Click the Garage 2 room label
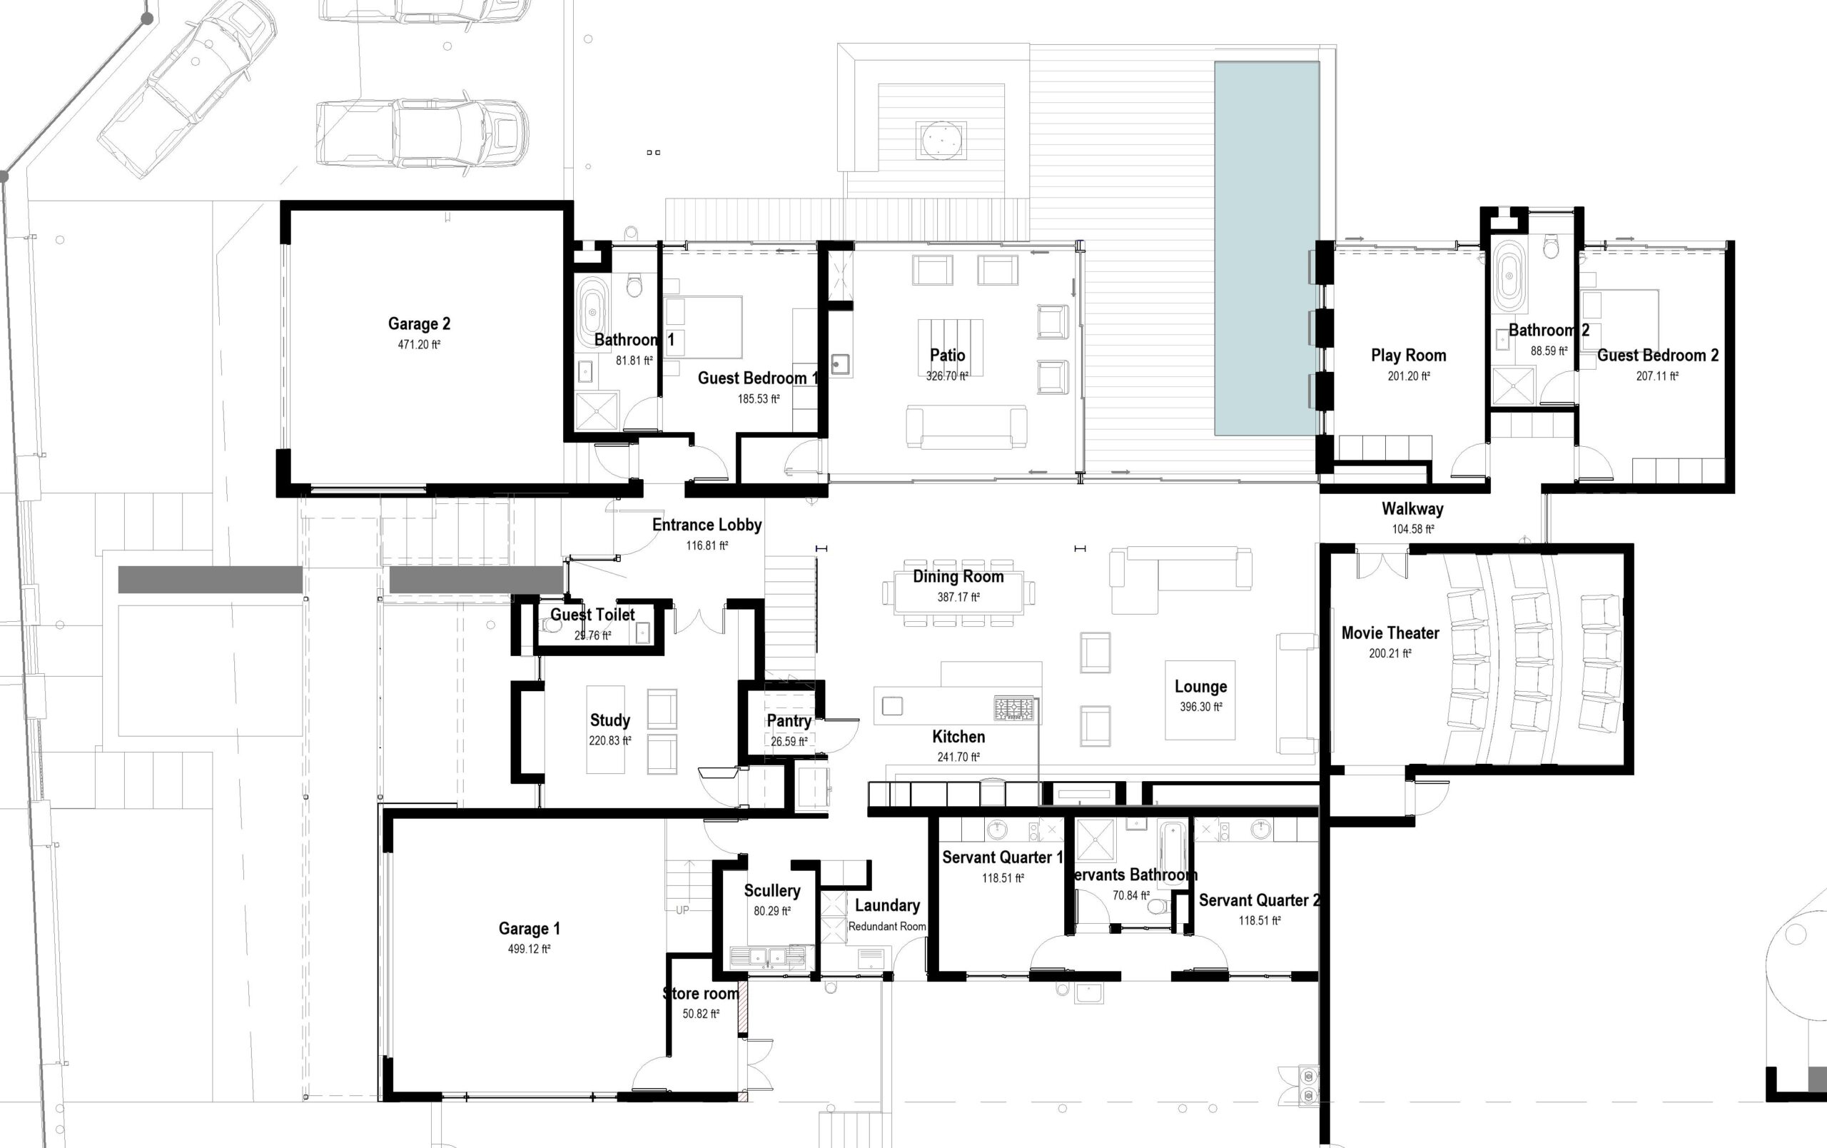pyautogui.click(x=419, y=324)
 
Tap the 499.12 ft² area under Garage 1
pyautogui.click(x=529, y=948)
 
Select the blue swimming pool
pyautogui.click(x=1266, y=248)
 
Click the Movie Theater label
pyautogui.click(x=1390, y=633)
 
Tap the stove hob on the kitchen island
pyautogui.click(x=1013, y=710)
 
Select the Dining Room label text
pyautogui.click(x=958, y=577)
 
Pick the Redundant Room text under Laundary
pyautogui.click(x=887, y=927)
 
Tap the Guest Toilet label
pyautogui.click(x=592, y=615)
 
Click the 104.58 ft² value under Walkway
pyautogui.click(x=1413, y=529)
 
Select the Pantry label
pyautogui.click(x=789, y=721)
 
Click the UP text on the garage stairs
pyautogui.click(x=682, y=910)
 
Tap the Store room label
pyautogui.click(x=700, y=993)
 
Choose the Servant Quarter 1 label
pyautogui.click(x=1001, y=857)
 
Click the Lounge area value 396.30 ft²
pyautogui.click(x=1200, y=706)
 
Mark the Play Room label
pyautogui.click(x=1408, y=355)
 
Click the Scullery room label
pyautogui.click(x=771, y=891)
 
